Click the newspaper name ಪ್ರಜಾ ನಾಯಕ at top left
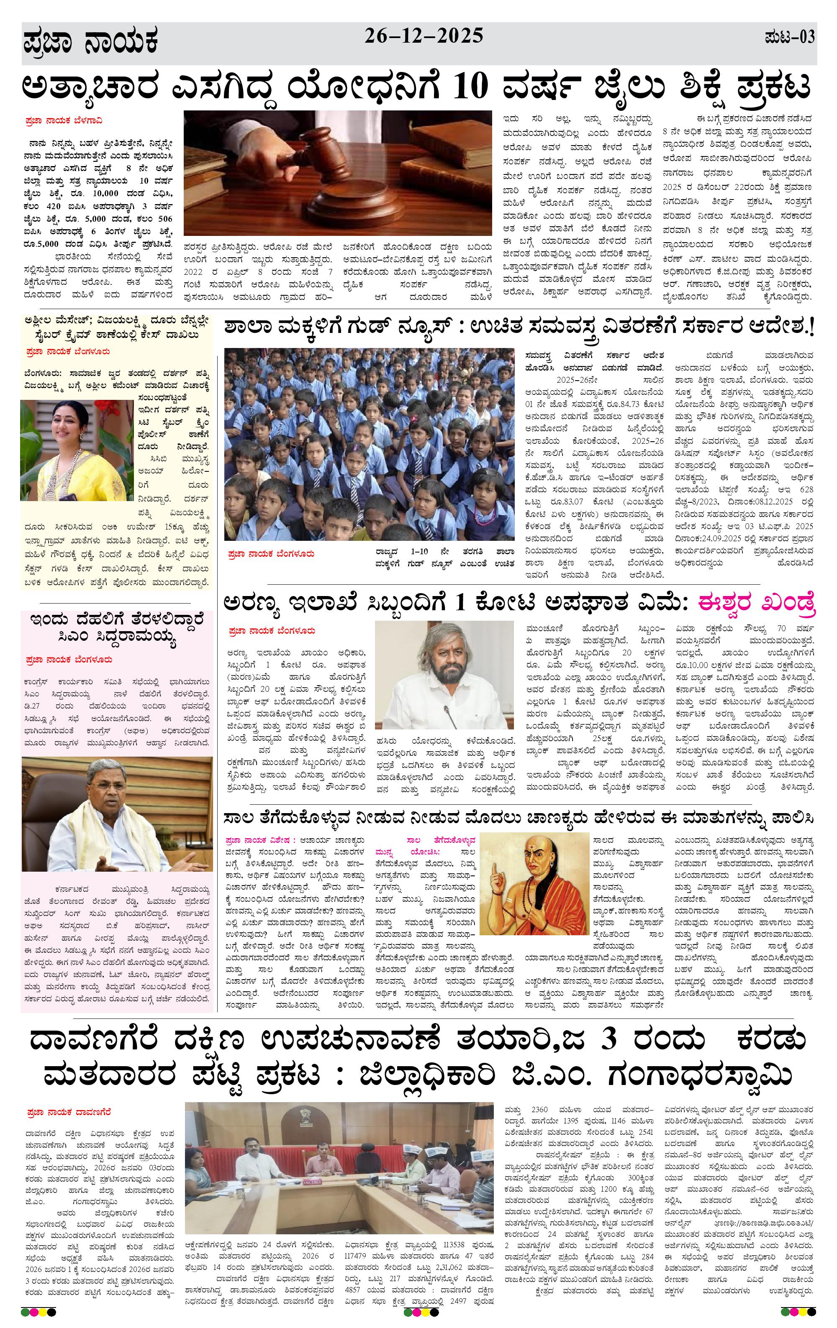[91, 43]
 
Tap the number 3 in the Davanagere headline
[608, 1040]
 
